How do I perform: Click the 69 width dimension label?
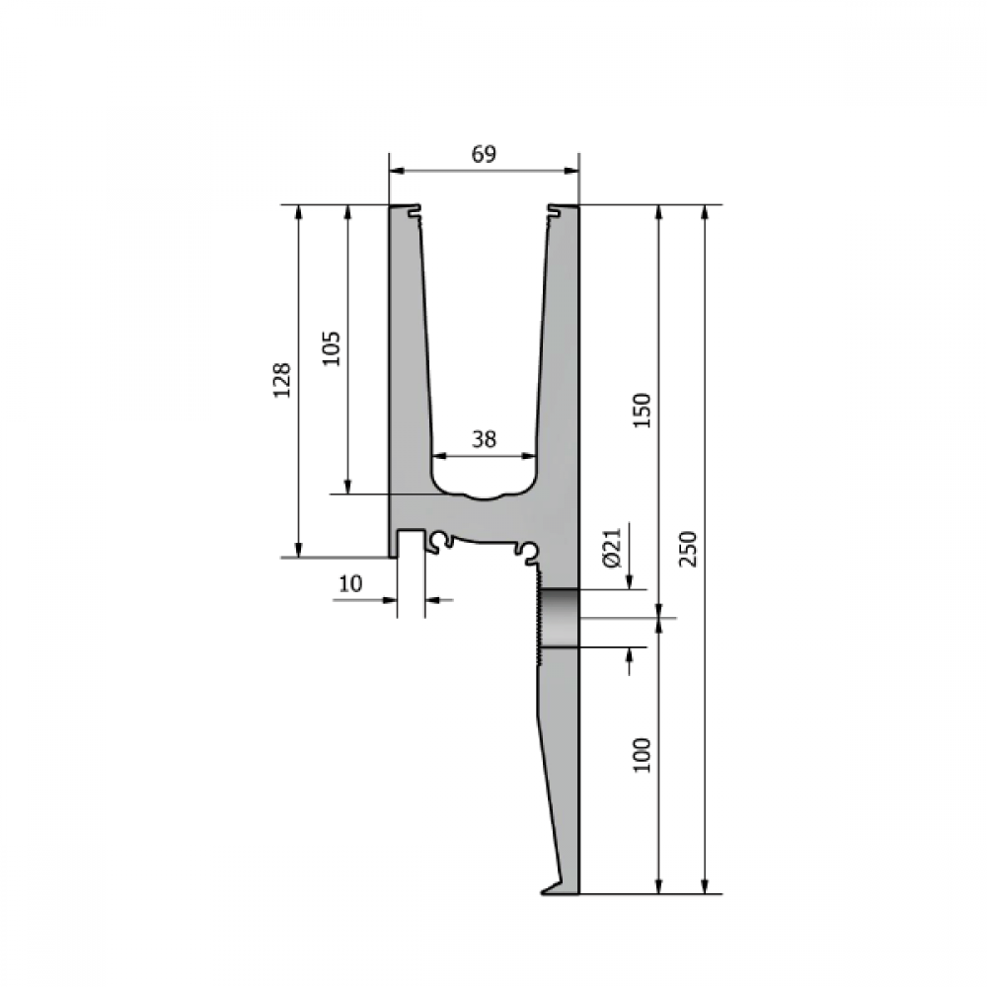point(484,154)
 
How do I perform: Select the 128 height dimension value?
point(281,380)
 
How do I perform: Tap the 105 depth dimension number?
point(331,348)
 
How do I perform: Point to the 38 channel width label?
point(484,439)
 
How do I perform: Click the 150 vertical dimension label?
point(642,411)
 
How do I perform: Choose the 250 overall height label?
point(689,549)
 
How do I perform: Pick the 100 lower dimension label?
point(642,755)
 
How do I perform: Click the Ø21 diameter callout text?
point(612,548)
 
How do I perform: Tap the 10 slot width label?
point(350,584)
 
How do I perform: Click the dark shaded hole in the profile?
point(559,618)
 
